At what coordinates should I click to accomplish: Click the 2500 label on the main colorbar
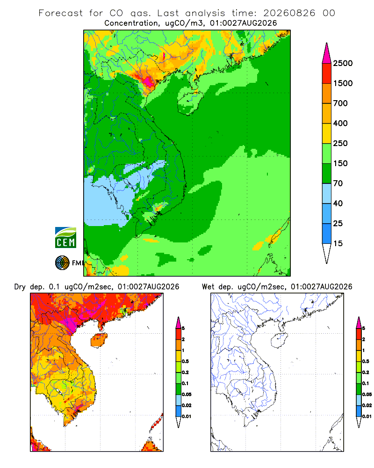pos(343,63)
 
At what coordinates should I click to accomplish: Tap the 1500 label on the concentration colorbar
pos(343,83)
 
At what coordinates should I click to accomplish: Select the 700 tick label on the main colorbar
pos(340,103)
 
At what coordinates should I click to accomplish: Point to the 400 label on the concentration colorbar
pos(340,123)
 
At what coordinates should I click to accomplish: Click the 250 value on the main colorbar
pos(340,143)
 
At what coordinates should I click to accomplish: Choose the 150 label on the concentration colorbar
pos(340,163)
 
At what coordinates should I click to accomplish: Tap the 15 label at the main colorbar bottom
pos(338,243)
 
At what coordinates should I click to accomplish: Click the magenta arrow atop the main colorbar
pos(327,54)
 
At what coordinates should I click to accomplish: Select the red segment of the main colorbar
pos(327,73)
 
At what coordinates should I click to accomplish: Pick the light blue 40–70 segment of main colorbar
pos(327,193)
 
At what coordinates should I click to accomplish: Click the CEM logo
pos(65,238)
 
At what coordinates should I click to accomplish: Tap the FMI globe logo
pos(62,263)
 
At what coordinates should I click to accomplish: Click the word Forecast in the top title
pos(61,13)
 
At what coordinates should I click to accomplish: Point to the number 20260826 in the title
pos(289,13)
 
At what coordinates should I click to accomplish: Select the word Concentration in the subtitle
pos(131,23)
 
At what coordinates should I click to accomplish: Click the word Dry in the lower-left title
pos(20,287)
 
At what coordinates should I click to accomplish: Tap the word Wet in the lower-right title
pos(208,287)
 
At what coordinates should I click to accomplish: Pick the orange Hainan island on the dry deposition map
pos(99,340)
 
